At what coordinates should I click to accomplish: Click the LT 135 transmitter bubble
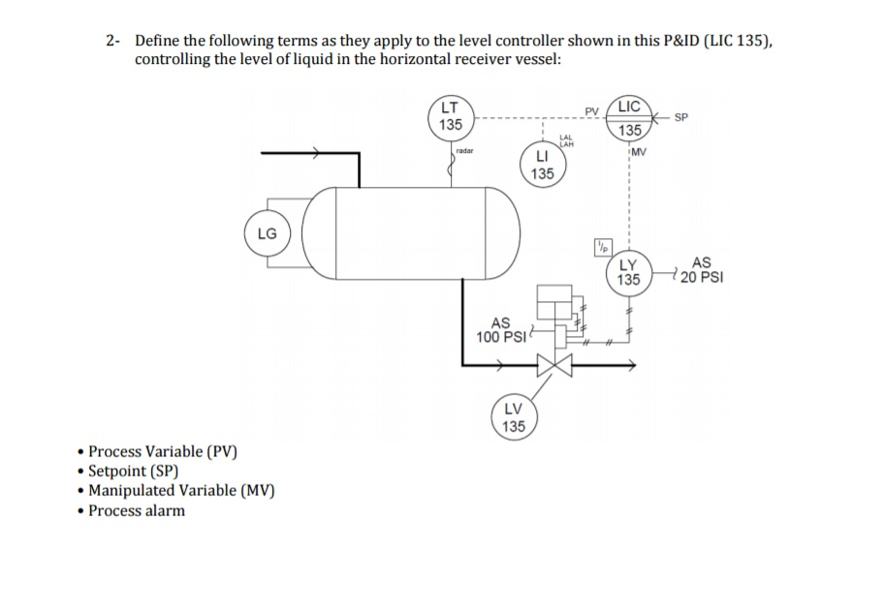450,116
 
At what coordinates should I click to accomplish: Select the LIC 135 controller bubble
630,118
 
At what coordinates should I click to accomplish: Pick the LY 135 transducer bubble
628,272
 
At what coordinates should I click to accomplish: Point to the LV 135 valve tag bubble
514,417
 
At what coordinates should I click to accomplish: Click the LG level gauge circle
267,233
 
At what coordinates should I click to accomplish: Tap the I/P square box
602,245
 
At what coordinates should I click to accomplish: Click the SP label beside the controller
681,117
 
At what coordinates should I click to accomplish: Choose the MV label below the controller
641,152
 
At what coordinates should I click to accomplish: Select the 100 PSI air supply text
500,337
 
